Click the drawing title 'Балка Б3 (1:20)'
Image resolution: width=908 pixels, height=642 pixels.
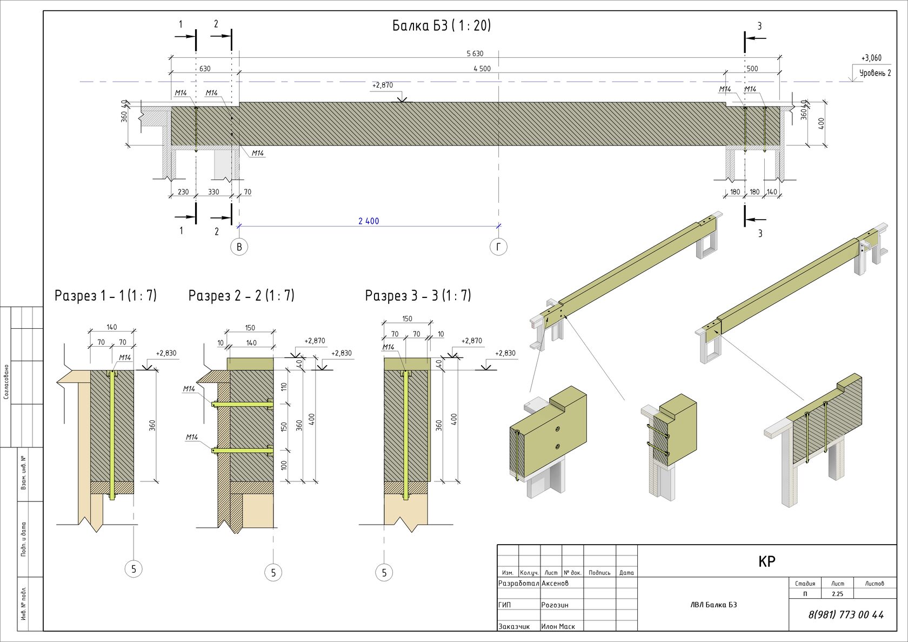click(x=442, y=26)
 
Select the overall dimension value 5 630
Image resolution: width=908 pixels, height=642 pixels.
click(x=475, y=54)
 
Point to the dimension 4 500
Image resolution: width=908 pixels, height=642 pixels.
click(x=482, y=69)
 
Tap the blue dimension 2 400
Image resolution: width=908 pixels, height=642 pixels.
click(x=369, y=221)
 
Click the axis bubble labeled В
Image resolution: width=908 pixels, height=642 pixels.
click(x=239, y=247)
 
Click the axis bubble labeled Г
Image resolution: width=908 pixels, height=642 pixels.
click(x=498, y=247)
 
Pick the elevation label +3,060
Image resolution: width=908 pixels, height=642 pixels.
click(x=871, y=58)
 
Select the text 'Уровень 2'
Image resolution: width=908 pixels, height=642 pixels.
click(x=874, y=73)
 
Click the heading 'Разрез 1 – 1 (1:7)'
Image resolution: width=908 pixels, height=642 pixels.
click(x=105, y=296)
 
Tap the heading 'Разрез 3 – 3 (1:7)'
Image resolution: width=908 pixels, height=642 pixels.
click(x=418, y=296)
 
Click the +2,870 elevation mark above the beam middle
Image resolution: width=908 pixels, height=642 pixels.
click(x=383, y=85)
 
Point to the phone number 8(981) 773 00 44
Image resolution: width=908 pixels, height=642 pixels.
click(x=846, y=614)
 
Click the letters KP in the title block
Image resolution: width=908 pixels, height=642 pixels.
click(x=766, y=561)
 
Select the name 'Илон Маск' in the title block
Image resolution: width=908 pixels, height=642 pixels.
click(x=558, y=626)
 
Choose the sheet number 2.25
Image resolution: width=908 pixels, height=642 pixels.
click(x=837, y=594)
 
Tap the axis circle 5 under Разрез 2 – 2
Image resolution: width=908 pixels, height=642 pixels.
click(x=273, y=572)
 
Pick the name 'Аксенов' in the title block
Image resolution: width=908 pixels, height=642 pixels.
click(x=555, y=584)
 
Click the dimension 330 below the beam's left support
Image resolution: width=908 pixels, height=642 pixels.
click(x=213, y=192)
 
